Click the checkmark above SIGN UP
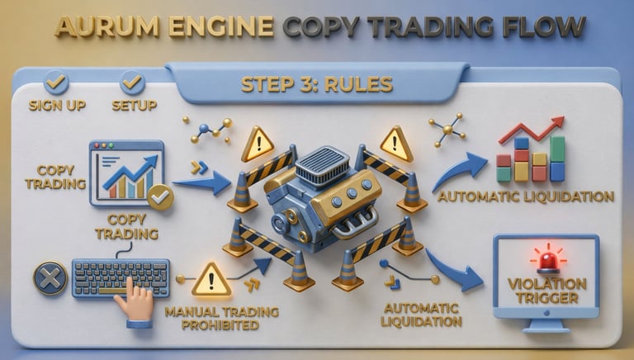coord(55,82)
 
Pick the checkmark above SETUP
coord(131,82)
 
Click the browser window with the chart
coord(126,173)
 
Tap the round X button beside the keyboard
coord(50,278)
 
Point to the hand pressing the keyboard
coord(134,303)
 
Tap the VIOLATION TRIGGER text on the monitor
coord(546,290)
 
